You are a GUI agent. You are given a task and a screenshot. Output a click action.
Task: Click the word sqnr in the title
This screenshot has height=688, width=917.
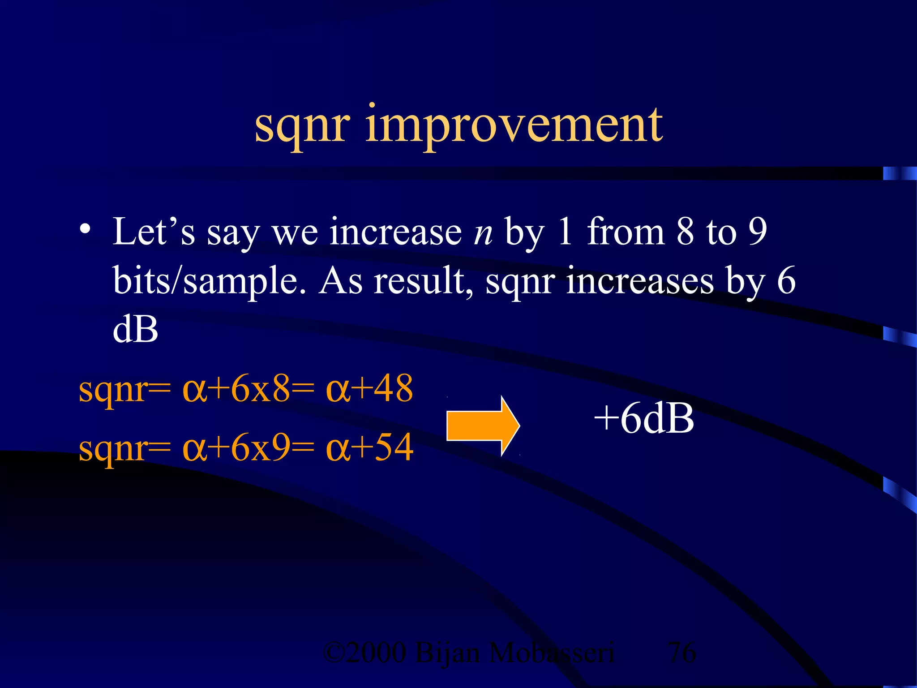[302, 128]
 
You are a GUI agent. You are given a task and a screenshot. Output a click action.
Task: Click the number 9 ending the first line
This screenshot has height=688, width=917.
[758, 232]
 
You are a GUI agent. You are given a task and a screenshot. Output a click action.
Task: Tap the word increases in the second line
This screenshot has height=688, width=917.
[640, 281]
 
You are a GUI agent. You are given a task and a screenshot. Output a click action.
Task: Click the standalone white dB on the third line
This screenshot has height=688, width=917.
[136, 330]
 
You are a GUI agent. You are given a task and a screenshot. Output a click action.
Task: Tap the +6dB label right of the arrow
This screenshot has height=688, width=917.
[643, 418]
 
